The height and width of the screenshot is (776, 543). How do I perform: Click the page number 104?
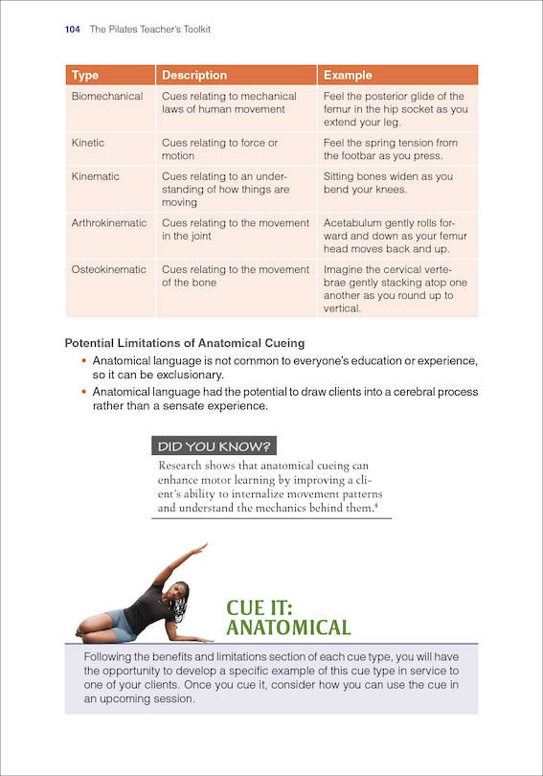pyautogui.click(x=72, y=30)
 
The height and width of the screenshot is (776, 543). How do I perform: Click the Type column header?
pyautogui.click(x=85, y=76)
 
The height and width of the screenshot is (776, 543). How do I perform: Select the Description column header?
pyautogui.click(x=194, y=76)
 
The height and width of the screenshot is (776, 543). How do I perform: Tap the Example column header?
pyautogui.click(x=348, y=76)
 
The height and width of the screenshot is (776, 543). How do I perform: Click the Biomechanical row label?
pyautogui.click(x=107, y=97)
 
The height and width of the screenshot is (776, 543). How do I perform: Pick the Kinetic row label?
pyautogui.click(x=88, y=143)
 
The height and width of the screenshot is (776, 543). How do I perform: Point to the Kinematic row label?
pyautogui.click(x=96, y=177)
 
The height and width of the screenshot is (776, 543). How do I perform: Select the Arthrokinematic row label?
pyautogui.click(x=109, y=223)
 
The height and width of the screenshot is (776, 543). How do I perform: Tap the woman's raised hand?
pyautogui.click(x=200, y=547)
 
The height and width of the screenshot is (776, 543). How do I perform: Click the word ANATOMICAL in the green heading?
pyautogui.click(x=288, y=628)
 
